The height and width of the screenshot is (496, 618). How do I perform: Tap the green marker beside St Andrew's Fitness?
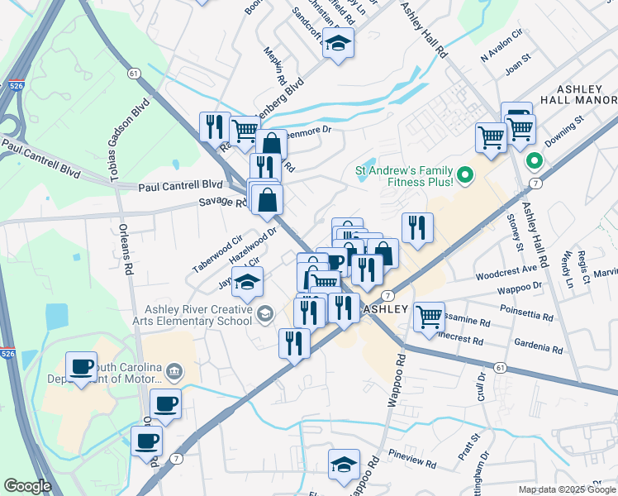[464, 174]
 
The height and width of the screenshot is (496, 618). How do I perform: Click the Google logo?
[27, 486]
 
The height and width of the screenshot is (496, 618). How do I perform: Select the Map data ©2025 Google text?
[567, 489]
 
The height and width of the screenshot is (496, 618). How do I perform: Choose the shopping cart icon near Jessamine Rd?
[429, 317]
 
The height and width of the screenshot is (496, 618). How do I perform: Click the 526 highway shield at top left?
[15, 84]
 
